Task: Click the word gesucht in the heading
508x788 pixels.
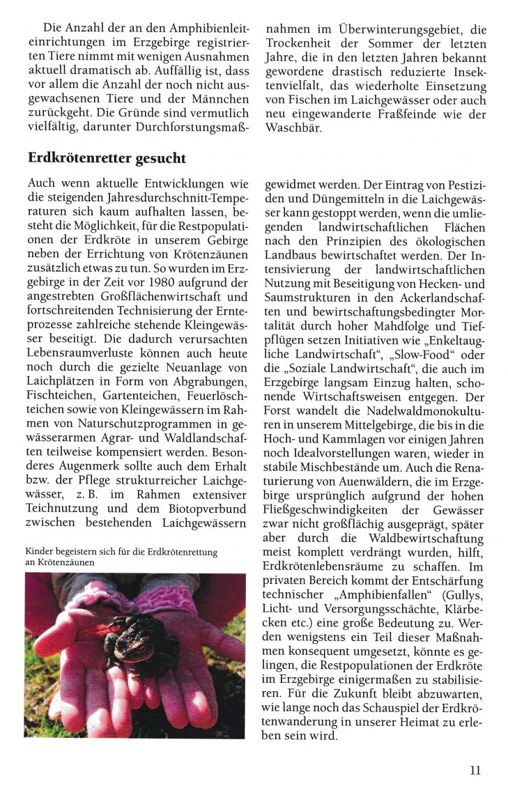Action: (159, 158)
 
